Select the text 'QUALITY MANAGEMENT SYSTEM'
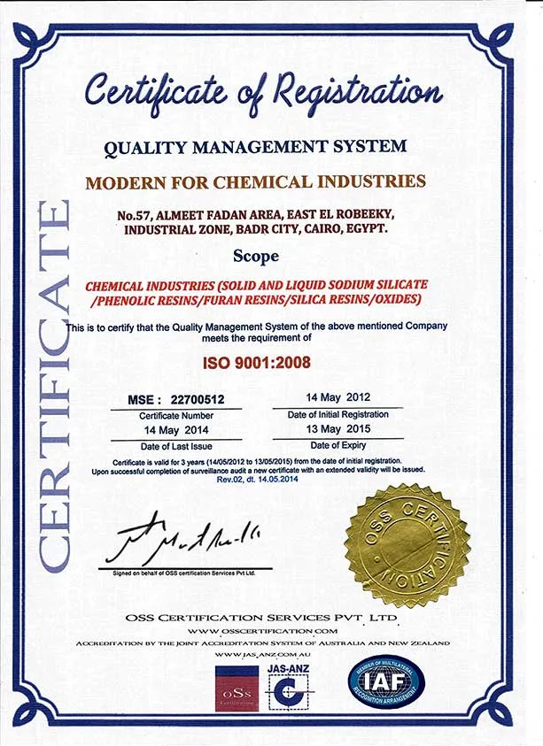coord(255,147)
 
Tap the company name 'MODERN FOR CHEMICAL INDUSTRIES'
coord(255,182)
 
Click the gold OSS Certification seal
coord(407,545)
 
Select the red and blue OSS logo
coord(237,687)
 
